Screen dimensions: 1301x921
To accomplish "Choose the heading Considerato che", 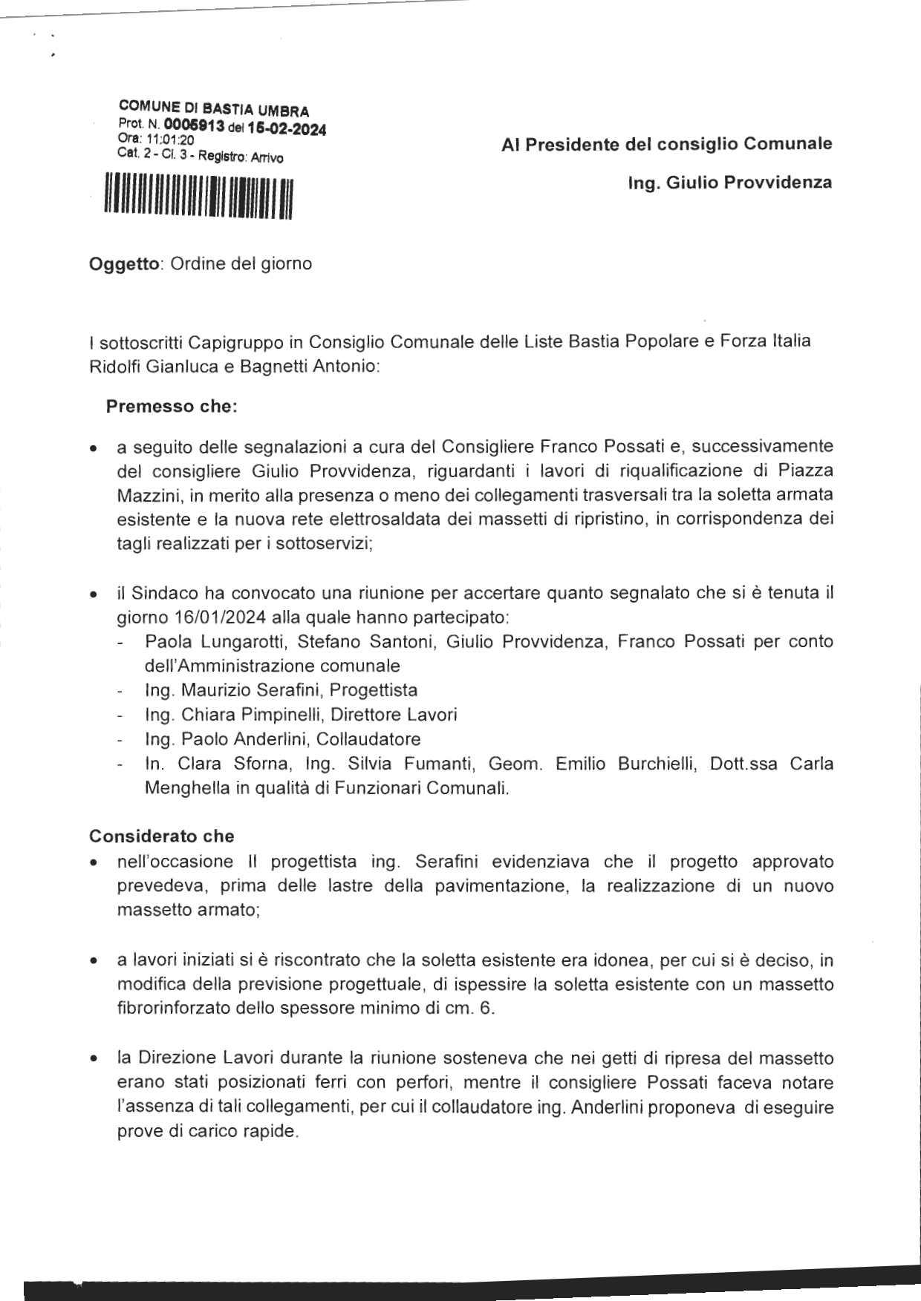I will [x=161, y=836].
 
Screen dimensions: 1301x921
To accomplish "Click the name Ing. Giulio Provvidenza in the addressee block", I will [x=730, y=183].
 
